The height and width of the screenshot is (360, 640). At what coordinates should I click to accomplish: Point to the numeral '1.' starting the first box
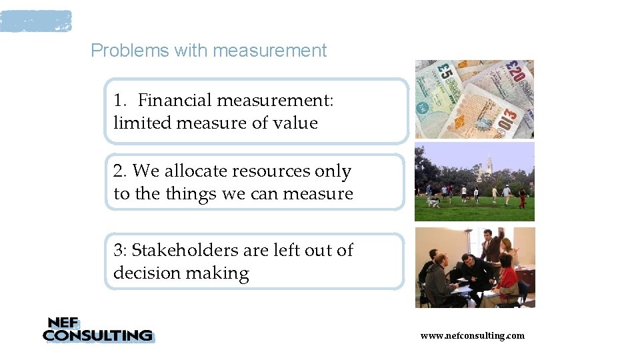(121, 101)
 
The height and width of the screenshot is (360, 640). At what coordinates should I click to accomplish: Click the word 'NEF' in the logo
(62, 323)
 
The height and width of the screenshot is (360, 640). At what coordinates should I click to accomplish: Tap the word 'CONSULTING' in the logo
(97, 335)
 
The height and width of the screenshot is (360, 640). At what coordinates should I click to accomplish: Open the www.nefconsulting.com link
(472, 335)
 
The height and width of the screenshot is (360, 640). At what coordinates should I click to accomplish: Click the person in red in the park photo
(522, 197)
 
